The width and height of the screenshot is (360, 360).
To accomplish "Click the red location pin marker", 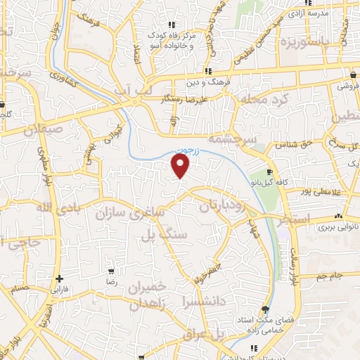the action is click(x=181, y=166).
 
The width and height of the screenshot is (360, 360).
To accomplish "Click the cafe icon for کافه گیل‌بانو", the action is click(x=270, y=172).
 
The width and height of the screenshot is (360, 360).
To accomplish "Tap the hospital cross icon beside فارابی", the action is click(x=60, y=279).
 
